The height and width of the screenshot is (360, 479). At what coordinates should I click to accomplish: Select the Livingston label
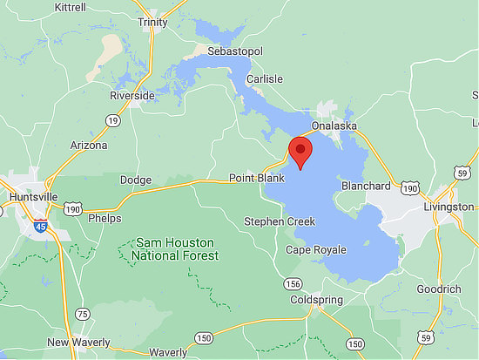point(449,207)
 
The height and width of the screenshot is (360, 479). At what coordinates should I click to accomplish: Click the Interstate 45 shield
point(41,227)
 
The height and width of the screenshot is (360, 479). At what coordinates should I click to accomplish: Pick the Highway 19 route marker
point(113,121)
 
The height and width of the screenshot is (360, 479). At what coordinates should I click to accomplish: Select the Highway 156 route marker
point(293,284)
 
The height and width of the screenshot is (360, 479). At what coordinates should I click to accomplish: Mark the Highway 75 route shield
point(83,314)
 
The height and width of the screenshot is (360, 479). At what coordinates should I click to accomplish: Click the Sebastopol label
point(234,52)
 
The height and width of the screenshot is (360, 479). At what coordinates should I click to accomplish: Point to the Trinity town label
point(152,23)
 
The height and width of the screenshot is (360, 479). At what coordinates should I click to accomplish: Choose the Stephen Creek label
point(280,221)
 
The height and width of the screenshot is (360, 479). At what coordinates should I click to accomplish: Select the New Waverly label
point(78,343)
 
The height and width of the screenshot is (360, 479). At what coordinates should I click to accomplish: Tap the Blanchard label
point(366,186)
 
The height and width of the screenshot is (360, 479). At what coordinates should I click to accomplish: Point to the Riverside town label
point(132,95)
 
